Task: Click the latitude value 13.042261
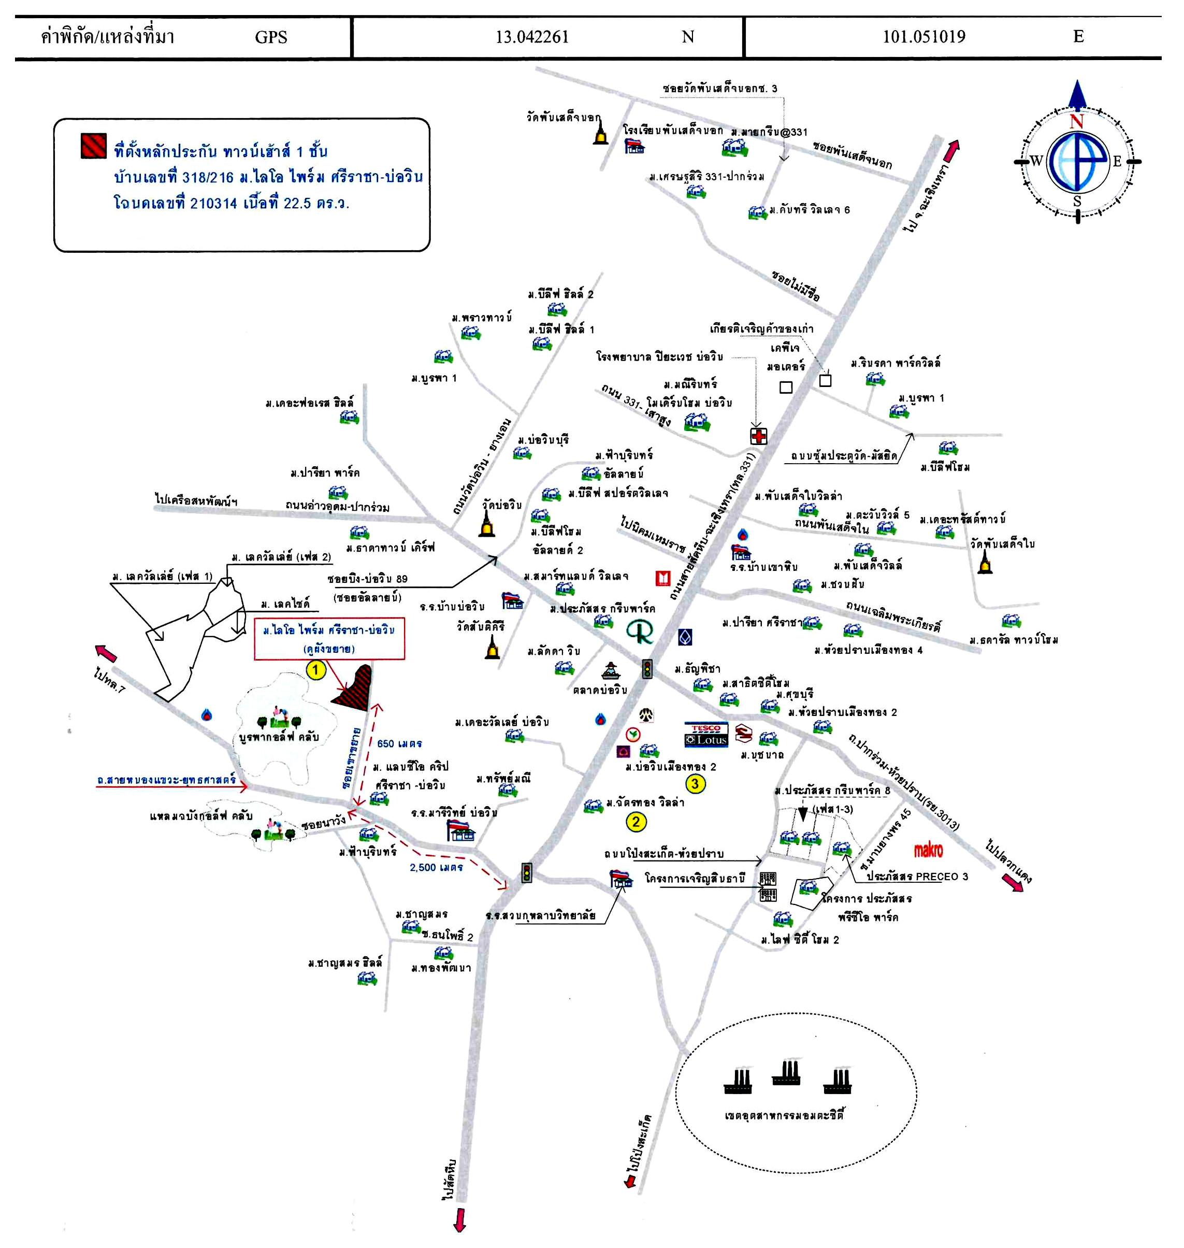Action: pyautogui.click(x=532, y=37)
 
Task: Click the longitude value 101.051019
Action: pyautogui.click(x=923, y=37)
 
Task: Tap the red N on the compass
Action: pyautogui.click(x=1077, y=121)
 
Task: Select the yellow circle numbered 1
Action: pyautogui.click(x=315, y=670)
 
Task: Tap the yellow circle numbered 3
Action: pyautogui.click(x=695, y=783)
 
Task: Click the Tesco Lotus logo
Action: pyautogui.click(x=706, y=735)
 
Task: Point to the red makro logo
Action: pyautogui.click(x=928, y=850)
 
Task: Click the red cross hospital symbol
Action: pyautogui.click(x=759, y=436)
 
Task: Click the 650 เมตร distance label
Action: pyautogui.click(x=399, y=743)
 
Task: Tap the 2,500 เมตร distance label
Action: pyautogui.click(x=436, y=867)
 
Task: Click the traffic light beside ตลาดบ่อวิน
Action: pyautogui.click(x=647, y=668)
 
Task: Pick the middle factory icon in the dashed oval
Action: pyautogui.click(x=786, y=1072)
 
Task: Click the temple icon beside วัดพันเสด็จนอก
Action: pyautogui.click(x=600, y=133)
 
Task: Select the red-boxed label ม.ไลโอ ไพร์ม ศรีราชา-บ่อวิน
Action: pyautogui.click(x=329, y=639)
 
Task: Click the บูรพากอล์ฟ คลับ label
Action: pyautogui.click(x=279, y=737)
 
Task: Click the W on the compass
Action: pyautogui.click(x=1036, y=162)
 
